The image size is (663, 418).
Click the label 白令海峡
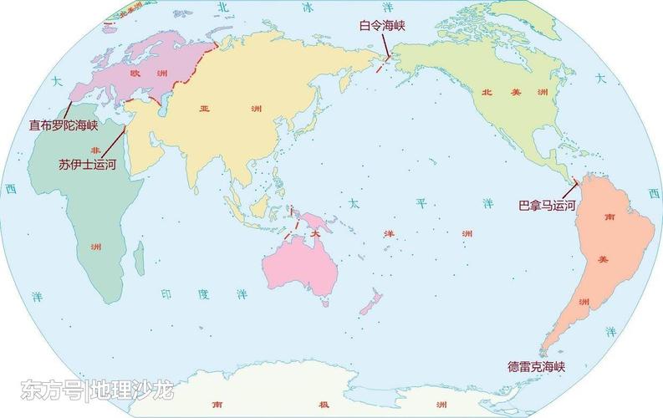(x=381, y=26)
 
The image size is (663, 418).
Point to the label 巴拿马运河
(x=547, y=204)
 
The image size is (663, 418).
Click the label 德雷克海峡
(x=537, y=366)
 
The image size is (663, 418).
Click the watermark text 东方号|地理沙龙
(x=96, y=389)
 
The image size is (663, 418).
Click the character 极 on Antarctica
(x=322, y=405)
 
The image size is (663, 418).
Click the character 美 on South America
(x=603, y=260)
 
